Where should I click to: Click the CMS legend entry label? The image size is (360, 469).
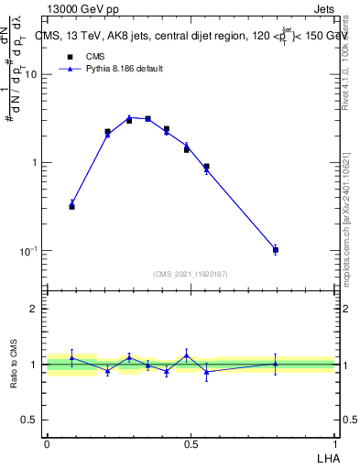pyautogui.click(x=96, y=56)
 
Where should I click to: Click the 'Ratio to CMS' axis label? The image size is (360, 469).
pyautogui.click(x=16, y=365)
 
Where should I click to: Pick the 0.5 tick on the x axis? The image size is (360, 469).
pyautogui.click(x=191, y=443)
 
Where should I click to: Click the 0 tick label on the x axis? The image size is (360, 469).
pyautogui.click(x=47, y=443)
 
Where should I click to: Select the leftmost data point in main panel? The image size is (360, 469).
pyautogui.click(x=71, y=205)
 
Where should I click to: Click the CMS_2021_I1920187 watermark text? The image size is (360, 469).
pyautogui.click(x=190, y=274)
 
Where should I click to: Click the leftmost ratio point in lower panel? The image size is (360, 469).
pyautogui.click(x=71, y=357)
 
